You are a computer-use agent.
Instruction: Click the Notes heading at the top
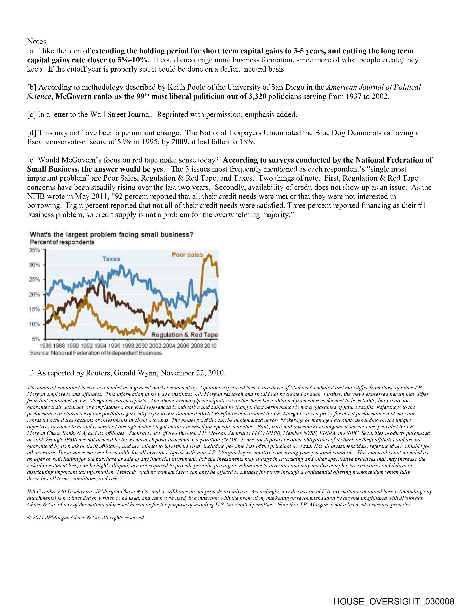[37, 42]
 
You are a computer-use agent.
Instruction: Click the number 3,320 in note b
[256, 97]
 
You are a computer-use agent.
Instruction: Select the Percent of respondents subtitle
[62, 242]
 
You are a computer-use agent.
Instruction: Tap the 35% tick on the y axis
[35, 250]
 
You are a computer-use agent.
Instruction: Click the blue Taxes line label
[111, 259]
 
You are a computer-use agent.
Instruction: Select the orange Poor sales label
[187, 255]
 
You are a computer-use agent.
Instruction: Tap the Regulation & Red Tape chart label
[185, 335]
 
